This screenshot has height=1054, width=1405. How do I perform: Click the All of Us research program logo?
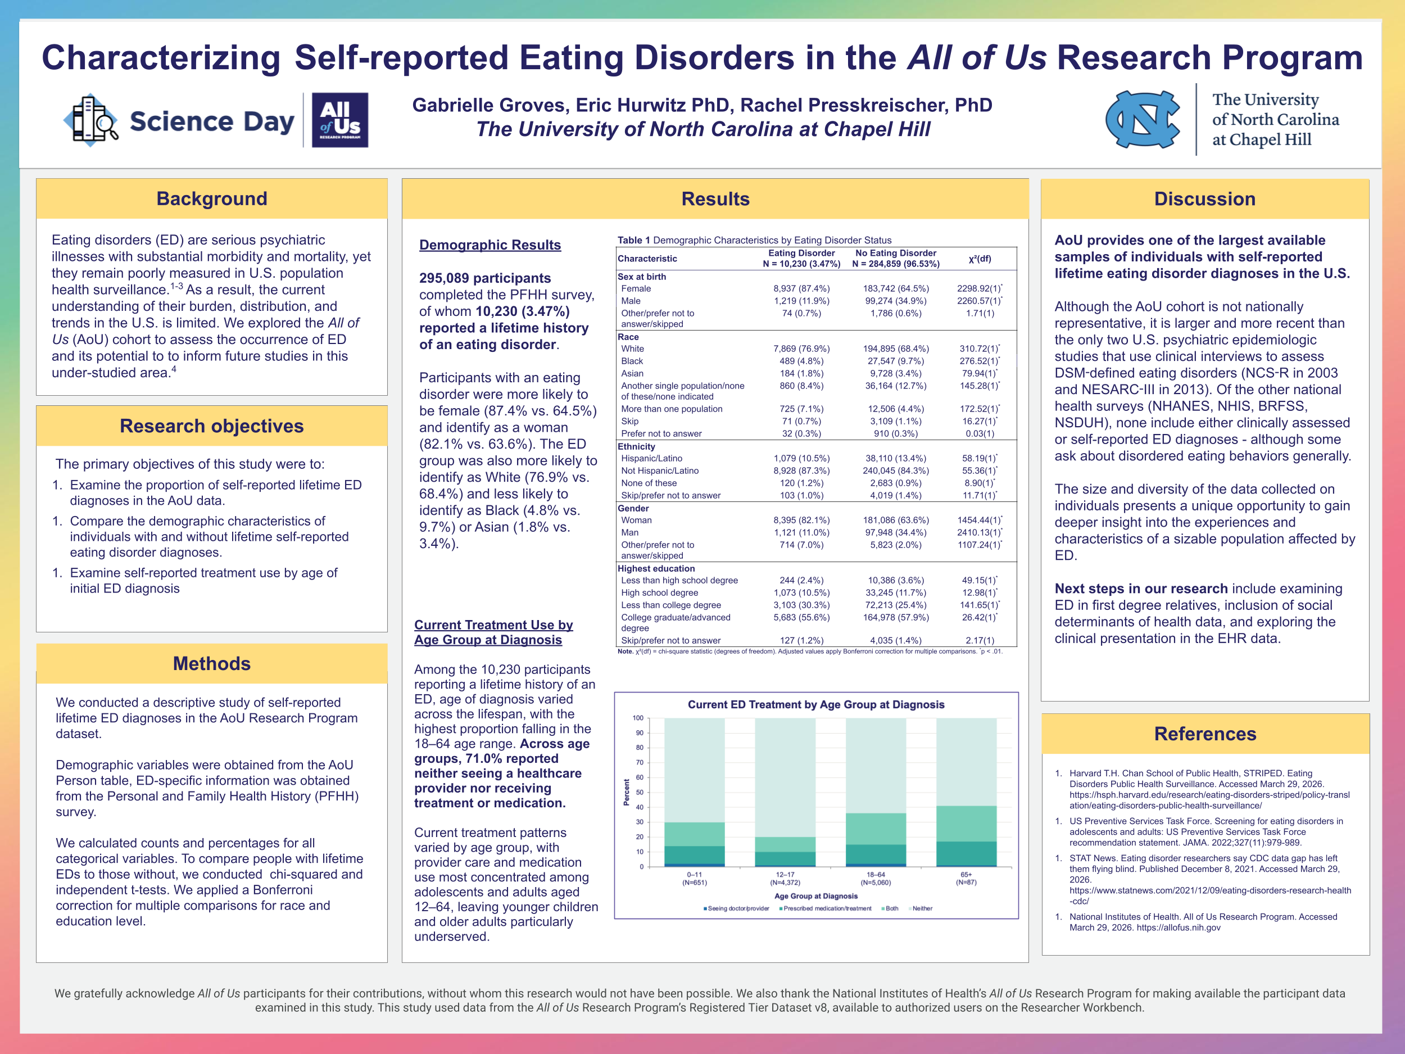point(340,120)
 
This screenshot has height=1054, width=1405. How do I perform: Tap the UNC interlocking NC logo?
point(1143,119)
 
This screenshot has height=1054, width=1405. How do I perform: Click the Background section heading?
point(211,199)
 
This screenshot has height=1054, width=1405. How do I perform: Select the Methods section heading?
point(211,663)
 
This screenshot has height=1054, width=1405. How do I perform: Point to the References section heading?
point(1205,734)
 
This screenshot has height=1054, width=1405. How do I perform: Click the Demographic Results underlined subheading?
point(490,245)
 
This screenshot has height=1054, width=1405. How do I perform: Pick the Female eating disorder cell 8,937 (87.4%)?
point(801,288)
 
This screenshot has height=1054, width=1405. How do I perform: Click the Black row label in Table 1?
point(632,361)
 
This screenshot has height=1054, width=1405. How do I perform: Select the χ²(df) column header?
point(980,259)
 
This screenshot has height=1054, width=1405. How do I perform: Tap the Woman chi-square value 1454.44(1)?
point(979,520)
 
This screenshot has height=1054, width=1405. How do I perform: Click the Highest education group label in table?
point(656,569)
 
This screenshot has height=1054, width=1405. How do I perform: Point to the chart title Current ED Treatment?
point(815,704)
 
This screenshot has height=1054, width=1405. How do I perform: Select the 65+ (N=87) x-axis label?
point(966,879)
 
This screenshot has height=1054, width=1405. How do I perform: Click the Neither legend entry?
point(922,908)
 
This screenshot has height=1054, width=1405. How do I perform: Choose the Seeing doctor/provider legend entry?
point(737,908)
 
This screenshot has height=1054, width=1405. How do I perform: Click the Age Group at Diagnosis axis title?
point(815,896)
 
